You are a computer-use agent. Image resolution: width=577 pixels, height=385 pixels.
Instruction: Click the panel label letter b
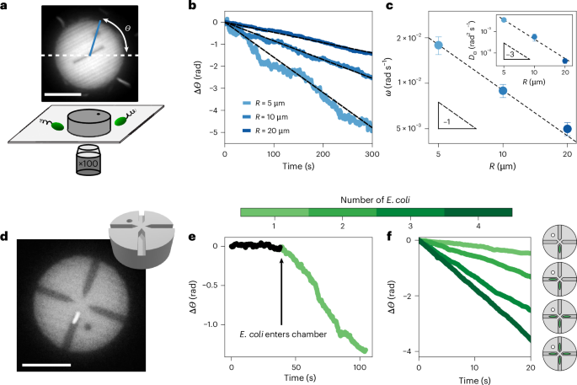tap(193, 8)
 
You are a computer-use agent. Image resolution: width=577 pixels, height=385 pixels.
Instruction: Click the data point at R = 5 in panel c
tap(437, 45)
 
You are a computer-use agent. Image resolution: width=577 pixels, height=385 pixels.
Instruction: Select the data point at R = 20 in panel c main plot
tap(568, 129)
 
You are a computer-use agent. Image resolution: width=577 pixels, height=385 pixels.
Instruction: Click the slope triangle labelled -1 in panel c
tap(455, 116)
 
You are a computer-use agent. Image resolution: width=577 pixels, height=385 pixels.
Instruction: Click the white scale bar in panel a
tap(64, 93)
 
